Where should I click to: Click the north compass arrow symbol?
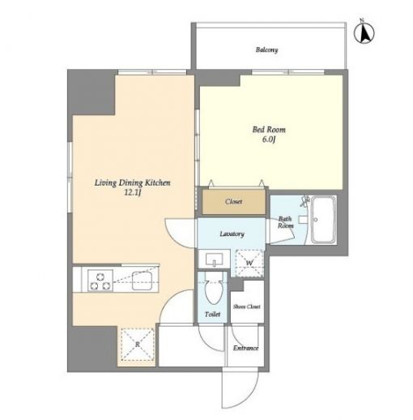point(364,33)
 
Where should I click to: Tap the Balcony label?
point(266,50)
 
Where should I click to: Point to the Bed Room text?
point(269,130)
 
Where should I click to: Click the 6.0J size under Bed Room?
point(268,139)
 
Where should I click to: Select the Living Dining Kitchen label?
point(132,183)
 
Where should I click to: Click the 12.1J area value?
point(133,193)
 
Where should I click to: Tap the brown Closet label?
point(233,202)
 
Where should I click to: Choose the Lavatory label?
point(232,234)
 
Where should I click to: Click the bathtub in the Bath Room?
point(323,220)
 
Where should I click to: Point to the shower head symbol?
point(305,201)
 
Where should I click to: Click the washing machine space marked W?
point(249,263)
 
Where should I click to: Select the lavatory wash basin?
point(214,259)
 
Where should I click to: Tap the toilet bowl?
point(214,289)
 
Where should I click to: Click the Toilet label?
point(212,315)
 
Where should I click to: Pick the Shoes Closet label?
point(247,306)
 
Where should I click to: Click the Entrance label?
point(245,348)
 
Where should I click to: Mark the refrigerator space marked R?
point(138,345)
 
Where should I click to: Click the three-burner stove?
point(100,281)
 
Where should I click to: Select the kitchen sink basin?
point(142,281)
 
